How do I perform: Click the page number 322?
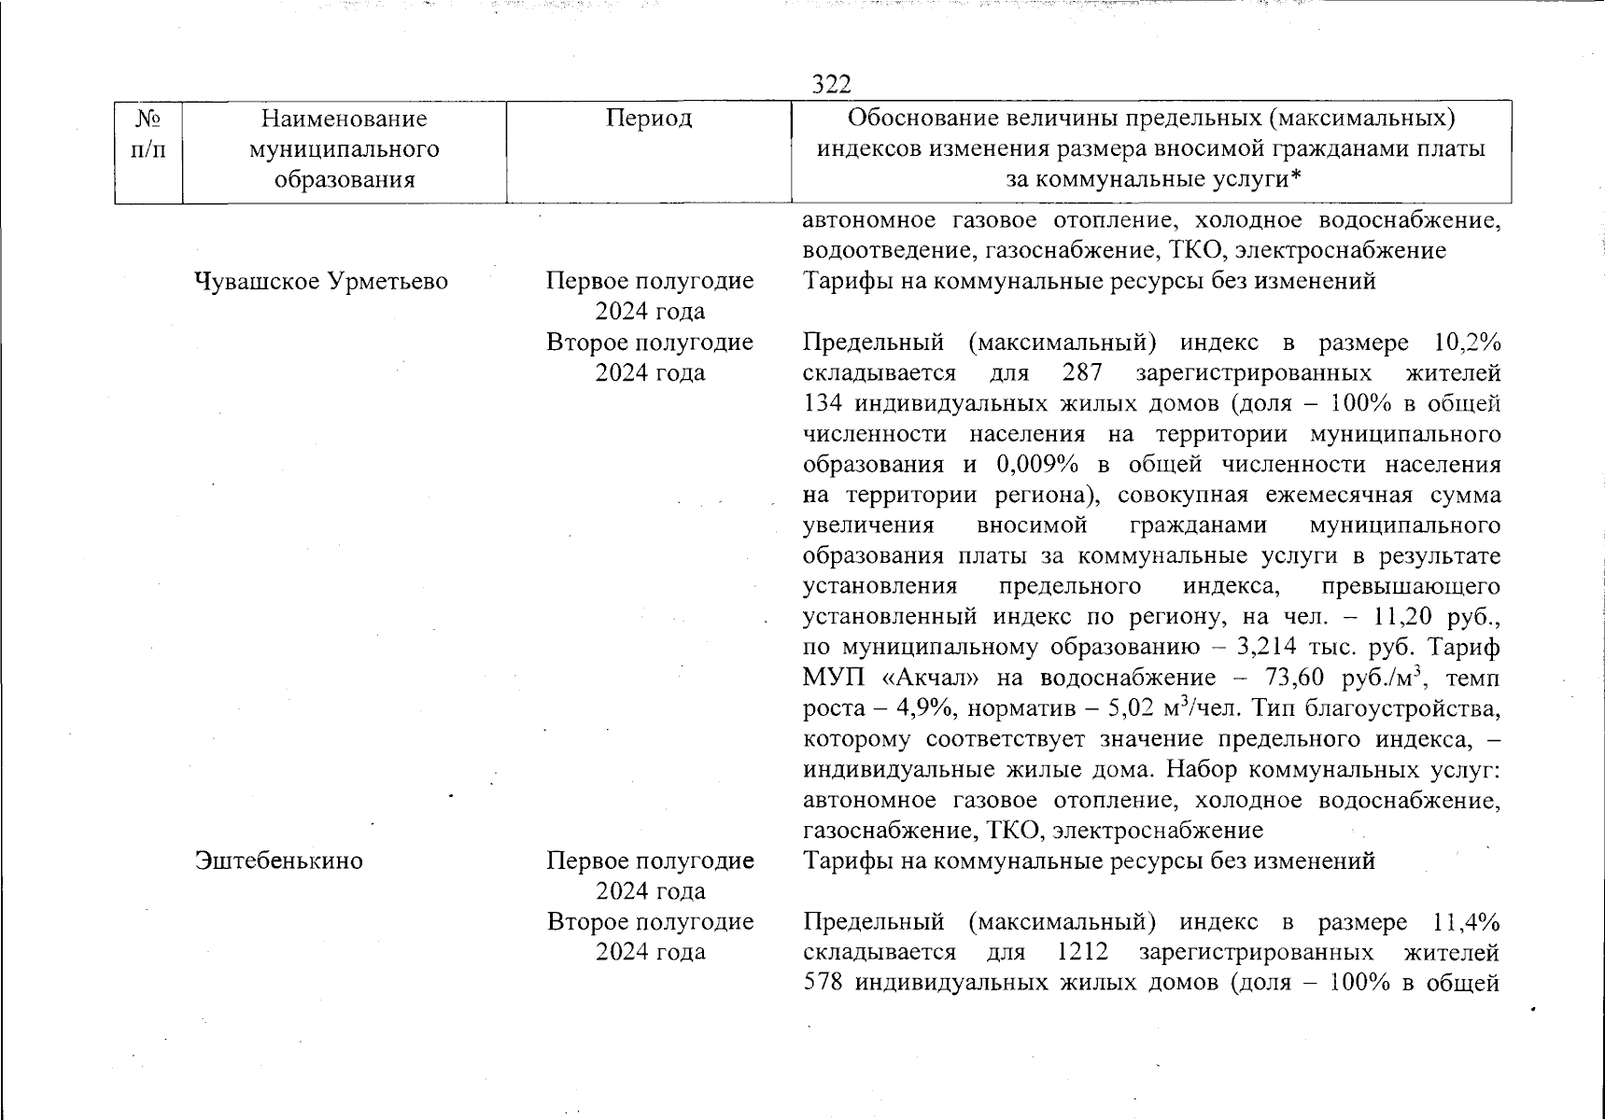tap(831, 85)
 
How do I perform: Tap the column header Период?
tap(649, 119)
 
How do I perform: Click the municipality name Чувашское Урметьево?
tap(321, 281)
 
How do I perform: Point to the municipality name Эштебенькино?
tap(278, 861)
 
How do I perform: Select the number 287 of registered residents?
tap(1083, 373)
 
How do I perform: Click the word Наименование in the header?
tap(344, 119)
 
